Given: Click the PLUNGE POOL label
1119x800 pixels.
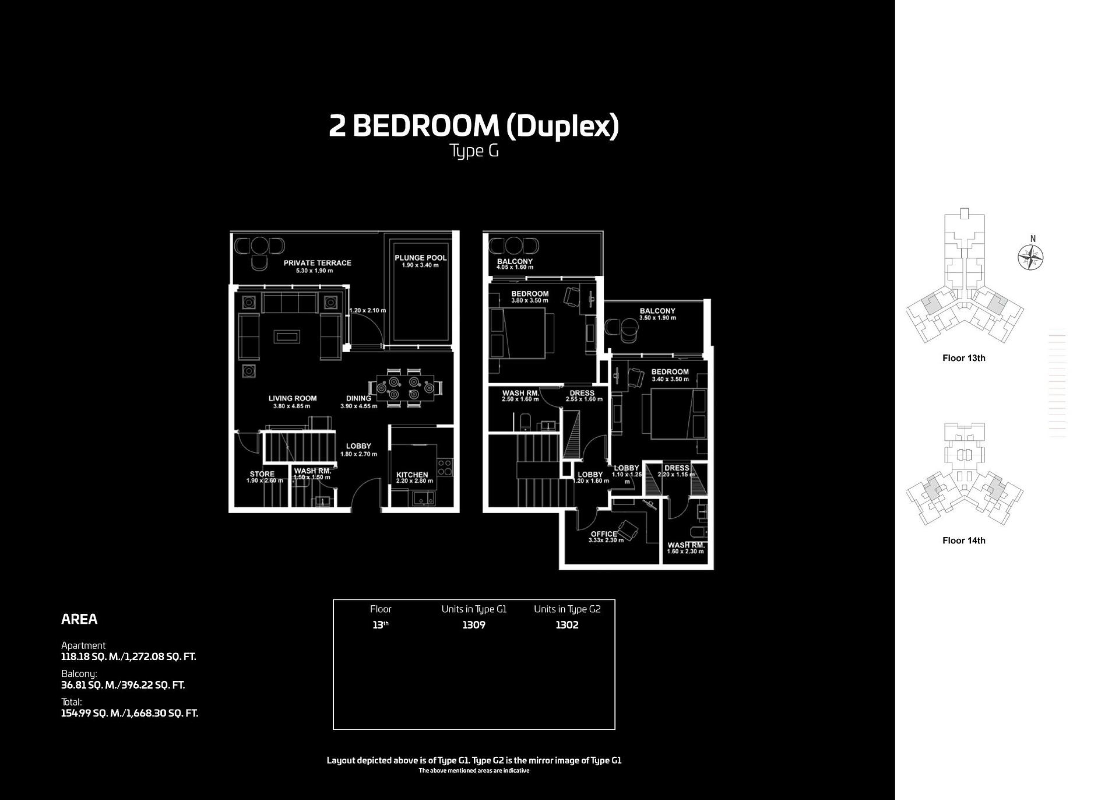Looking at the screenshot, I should click(420, 258).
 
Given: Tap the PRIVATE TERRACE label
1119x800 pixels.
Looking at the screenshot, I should click(317, 263).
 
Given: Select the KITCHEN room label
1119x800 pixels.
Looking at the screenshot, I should click(412, 475).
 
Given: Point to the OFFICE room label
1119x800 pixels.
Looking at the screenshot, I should click(603, 534).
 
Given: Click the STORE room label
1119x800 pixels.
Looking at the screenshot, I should click(262, 474).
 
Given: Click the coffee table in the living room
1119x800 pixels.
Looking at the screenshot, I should click(288, 336).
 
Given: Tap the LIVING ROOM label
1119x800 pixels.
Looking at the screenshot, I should click(292, 399).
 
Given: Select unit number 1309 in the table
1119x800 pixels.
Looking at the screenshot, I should click(473, 625).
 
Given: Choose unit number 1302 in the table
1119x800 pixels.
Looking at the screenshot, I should click(566, 625).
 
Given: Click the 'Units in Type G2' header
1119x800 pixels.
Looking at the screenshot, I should click(566, 609).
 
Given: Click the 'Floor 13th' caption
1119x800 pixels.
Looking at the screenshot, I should click(963, 358).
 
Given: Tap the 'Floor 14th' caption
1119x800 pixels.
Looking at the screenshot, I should click(963, 541).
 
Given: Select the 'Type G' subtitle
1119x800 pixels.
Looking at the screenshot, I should click(474, 151).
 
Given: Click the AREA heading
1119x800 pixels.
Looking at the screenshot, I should click(79, 619).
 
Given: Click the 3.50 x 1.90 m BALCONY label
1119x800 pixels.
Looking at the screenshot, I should click(657, 311).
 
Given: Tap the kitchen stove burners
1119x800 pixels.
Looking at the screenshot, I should click(444, 466).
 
